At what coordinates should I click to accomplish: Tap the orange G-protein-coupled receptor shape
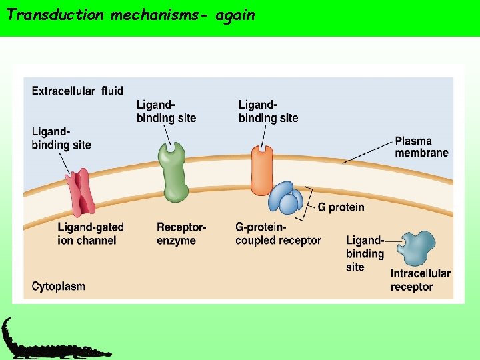262,170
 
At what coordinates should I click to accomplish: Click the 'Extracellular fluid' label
77,91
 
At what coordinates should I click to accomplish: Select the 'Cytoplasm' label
59,287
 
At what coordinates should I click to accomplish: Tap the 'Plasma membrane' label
421,147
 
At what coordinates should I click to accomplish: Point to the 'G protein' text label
341,207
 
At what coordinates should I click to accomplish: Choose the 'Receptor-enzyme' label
181,233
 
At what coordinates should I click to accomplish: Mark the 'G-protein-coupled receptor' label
278,233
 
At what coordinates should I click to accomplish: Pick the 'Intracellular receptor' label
421,280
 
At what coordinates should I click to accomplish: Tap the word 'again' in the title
235,15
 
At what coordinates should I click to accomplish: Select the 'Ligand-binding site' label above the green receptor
166,111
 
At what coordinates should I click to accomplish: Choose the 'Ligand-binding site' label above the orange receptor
268,111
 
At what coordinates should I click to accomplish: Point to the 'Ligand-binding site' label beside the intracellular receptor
365,253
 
